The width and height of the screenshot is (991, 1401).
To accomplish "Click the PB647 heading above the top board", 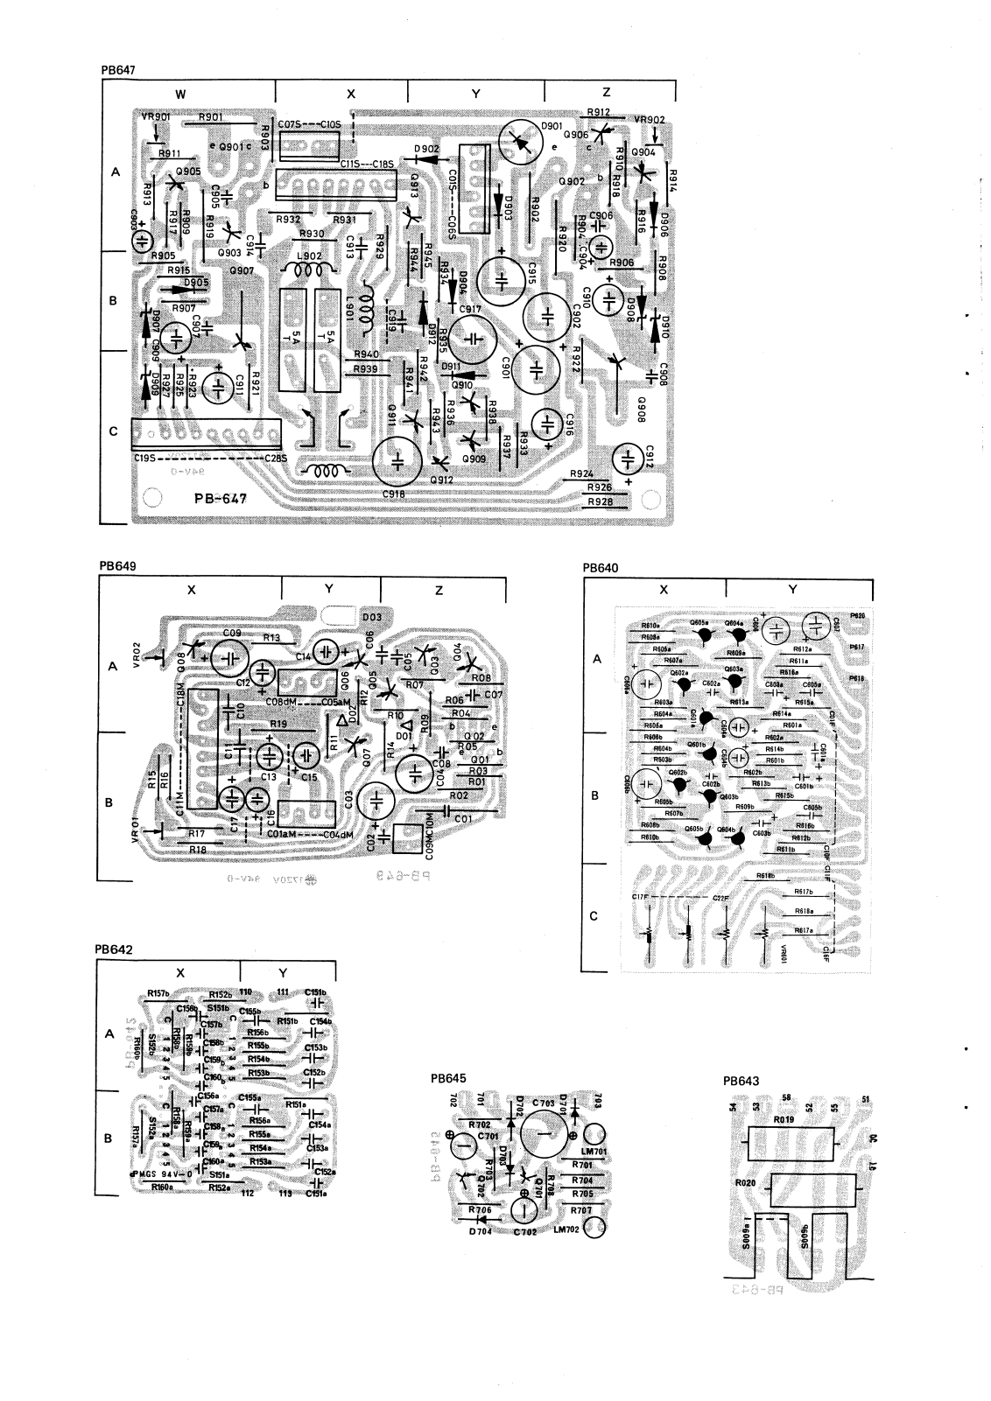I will click(x=116, y=67).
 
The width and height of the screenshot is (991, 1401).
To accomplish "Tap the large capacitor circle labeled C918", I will click(x=399, y=461).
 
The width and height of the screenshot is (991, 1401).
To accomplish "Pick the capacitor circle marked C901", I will click(x=537, y=367).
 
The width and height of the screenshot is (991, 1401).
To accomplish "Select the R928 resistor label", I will click(x=601, y=501).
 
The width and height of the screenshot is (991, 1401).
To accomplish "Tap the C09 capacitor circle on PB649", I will click(x=228, y=655).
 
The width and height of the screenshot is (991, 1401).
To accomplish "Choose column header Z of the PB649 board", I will click(x=439, y=591).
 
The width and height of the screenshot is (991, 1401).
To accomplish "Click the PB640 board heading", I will click(x=601, y=567).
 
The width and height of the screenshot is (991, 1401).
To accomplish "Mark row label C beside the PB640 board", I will click(x=594, y=916).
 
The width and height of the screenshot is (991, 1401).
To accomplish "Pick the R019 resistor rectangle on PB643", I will click(x=791, y=1142).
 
